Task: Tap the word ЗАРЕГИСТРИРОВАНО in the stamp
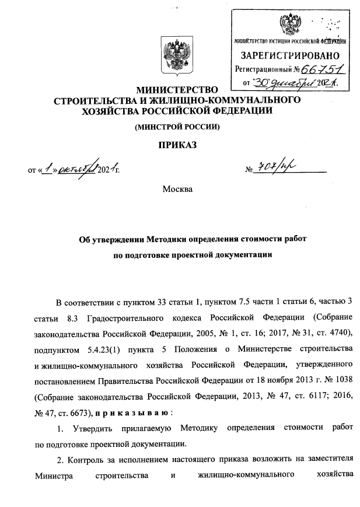point(289,56)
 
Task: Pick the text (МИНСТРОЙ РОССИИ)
point(177,126)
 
